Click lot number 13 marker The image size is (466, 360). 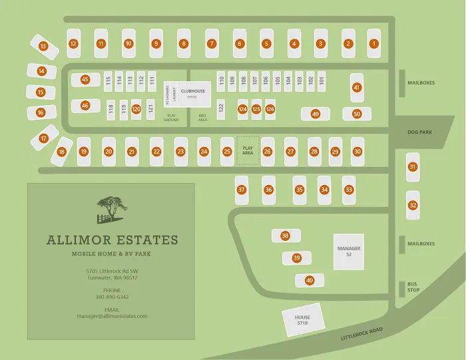(x=43, y=47)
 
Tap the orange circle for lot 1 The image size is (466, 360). (x=373, y=44)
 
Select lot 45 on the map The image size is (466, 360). (x=85, y=80)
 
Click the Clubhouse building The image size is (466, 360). (x=193, y=94)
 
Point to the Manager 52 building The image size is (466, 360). (x=348, y=252)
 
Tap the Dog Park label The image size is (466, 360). (x=419, y=132)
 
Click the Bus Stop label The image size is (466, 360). (x=413, y=287)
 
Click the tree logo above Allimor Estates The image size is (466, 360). (x=111, y=208)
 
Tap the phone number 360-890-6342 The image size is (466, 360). (x=112, y=297)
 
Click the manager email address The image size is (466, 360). (x=112, y=316)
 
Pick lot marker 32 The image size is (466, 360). (x=413, y=205)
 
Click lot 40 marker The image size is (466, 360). (x=310, y=281)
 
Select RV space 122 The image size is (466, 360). (x=221, y=108)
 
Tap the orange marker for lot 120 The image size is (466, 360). (x=136, y=109)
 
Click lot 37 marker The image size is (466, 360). (x=242, y=190)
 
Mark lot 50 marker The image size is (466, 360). (x=357, y=114)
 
